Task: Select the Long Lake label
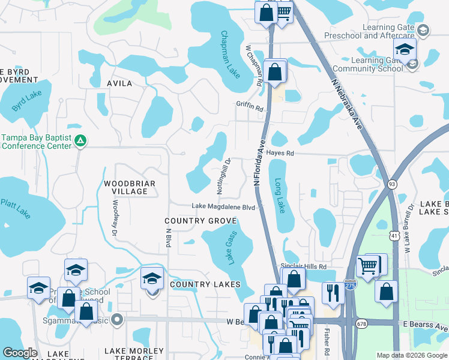280,196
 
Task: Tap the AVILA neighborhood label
119,83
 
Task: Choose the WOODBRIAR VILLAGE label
130,187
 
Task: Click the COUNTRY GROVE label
201,221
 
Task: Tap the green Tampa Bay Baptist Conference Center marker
81,142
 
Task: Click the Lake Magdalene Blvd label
224,206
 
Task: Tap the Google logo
20,353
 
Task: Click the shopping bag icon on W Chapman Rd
274,71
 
